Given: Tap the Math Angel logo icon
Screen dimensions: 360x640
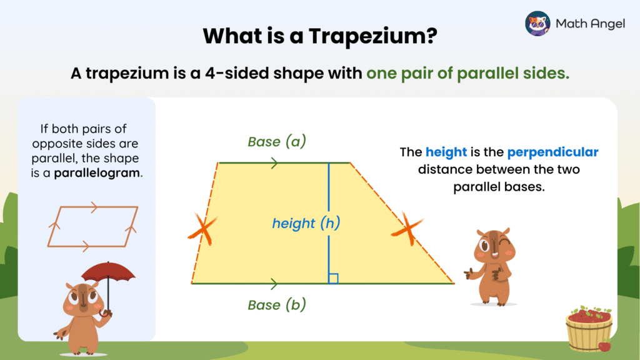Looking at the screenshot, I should click(x=537, y=24).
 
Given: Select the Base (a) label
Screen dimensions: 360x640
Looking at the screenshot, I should click(x=277, y=142).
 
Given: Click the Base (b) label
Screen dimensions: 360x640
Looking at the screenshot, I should click(x=277, y=305).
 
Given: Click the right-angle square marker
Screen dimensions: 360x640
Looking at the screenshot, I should click(x=333, y=279).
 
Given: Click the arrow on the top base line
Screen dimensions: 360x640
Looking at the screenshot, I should click(x=273, y=163).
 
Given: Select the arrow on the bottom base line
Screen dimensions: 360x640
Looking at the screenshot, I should click(x=273, y=284).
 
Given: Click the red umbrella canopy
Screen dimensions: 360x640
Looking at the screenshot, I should click(x=108, y=272).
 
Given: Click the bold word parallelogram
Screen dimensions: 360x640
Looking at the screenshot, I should click(x=97, y=172).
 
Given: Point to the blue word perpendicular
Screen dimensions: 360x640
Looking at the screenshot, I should click(x=552, y=152).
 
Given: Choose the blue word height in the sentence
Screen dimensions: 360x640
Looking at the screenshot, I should click(x=446, y=152).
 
